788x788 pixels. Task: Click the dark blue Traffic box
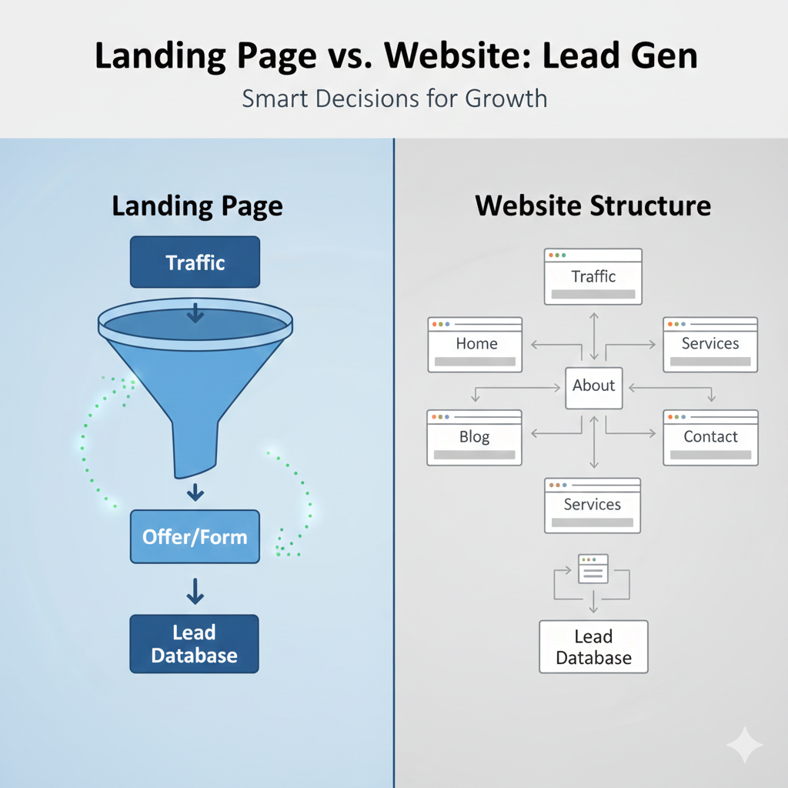coord(195,262)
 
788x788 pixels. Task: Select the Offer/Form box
coord(195,536)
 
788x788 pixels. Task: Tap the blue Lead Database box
coord(194,644)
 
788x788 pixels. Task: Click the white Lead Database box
coord(593,647)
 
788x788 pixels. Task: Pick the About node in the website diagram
coord(593,386)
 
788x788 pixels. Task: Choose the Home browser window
coord(475,344)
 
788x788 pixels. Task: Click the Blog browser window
coord(474,437)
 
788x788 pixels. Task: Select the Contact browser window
coord(710,437)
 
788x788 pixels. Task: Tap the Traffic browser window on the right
coord(593,275)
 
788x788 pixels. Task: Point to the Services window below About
coord(593,505)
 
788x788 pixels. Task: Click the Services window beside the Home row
coord(710,344)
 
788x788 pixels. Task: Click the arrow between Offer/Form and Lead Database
coord(195,590)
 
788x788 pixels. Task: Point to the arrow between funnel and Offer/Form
coord(195,492)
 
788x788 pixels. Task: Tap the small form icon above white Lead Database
coord(593,568)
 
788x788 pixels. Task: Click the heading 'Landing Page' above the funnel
coord(197,206)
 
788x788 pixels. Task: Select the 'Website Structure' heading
coord(593,206)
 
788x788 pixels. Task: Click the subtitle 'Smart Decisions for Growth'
coord(394,99)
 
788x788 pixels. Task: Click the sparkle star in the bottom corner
coord(744,745)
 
